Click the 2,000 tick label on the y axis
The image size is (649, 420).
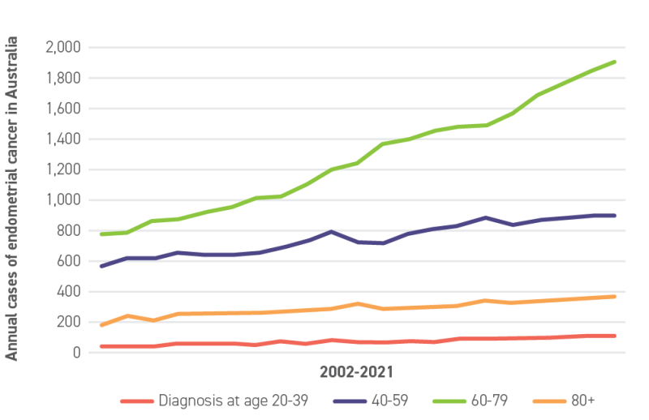62,48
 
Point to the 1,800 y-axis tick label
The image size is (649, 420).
62,79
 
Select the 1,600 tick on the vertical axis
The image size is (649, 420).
62,109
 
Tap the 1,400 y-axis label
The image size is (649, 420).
62,139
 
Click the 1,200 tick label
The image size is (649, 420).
62,170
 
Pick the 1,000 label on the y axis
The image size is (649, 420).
62,200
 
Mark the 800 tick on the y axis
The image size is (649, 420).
69,231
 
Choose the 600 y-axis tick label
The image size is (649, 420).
69,261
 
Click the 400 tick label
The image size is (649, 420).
69,292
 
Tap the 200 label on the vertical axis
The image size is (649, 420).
69,322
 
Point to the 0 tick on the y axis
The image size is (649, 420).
76,353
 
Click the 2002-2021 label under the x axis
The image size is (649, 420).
356,373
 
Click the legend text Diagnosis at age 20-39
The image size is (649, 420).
233,401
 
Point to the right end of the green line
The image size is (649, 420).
617,61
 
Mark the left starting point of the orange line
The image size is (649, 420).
100,326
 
